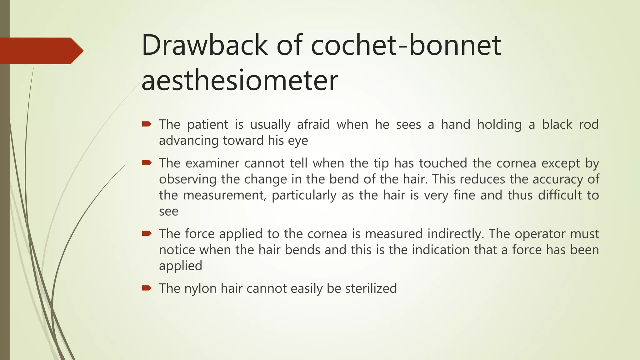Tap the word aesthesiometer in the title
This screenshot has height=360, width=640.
pos(240,81)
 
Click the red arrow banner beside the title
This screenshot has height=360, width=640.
pos(41,51)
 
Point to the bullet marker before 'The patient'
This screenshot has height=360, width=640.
pos(147,124)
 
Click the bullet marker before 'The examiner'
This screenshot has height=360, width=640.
pos(147,162)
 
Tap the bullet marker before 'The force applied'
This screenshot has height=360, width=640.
pos(147,233)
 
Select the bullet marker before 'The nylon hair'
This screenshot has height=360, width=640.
pos(147,288)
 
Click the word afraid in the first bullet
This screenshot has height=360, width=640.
pos(313,124)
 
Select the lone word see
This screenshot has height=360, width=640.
pos(169,212)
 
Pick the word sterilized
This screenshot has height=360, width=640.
pos(371,288)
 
